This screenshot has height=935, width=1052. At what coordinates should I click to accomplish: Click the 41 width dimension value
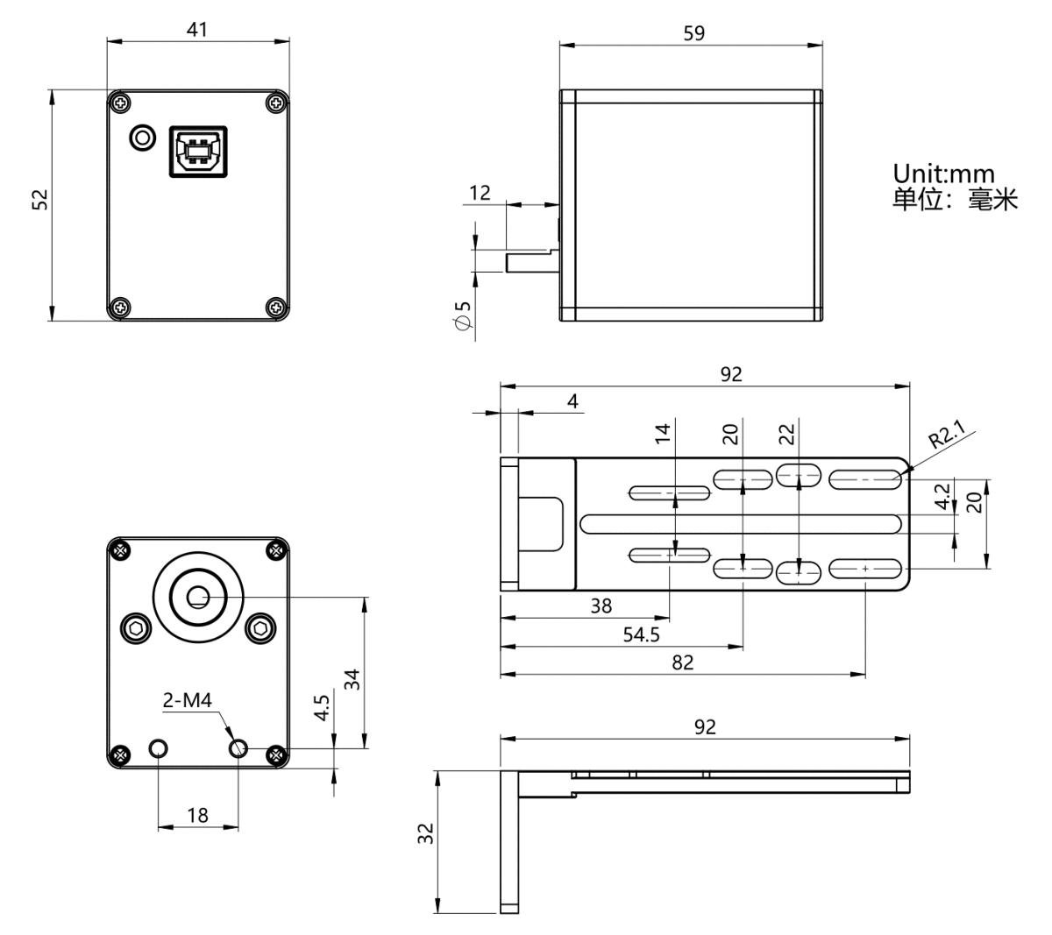196,30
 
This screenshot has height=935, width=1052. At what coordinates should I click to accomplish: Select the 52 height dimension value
40,200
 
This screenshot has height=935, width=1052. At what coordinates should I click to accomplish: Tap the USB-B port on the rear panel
198,152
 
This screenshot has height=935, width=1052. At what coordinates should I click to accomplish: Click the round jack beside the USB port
142,138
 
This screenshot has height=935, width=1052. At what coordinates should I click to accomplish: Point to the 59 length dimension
693,33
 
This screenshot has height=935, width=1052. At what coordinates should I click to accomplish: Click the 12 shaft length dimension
480,193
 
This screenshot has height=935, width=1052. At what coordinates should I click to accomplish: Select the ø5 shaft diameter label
463,315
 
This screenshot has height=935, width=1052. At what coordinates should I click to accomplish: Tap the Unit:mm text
943,174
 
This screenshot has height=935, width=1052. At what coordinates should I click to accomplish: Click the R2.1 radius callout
946,435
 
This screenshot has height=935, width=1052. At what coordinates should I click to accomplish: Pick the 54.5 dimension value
641,634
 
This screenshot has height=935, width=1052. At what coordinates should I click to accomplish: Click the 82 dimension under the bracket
682,662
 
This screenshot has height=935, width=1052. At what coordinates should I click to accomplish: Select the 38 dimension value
601,606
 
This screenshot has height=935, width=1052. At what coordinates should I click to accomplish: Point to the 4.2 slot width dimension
941,496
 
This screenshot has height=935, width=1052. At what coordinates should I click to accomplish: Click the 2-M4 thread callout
187,700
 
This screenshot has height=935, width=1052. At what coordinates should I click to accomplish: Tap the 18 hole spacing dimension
197,815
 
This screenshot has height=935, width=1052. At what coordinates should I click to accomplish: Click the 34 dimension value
352,679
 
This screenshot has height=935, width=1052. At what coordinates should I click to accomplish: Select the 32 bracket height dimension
425,833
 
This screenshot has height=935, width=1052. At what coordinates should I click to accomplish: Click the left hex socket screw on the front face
136,629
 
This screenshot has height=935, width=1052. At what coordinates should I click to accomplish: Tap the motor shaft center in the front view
198,597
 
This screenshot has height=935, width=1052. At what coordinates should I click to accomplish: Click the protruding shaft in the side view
532,260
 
